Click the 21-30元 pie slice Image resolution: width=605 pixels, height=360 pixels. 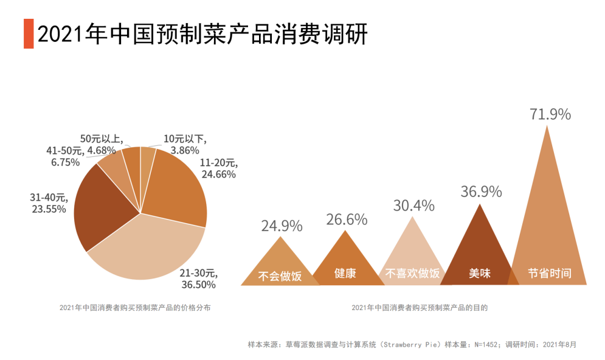[x=146, y=249]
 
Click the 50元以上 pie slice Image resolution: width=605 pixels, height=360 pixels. [x=131, y=160]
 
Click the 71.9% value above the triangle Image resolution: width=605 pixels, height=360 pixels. [x=550, y=114]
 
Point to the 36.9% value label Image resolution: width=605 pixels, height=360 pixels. [x=481, y=192]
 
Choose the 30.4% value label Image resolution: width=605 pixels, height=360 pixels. [x=413, y=206]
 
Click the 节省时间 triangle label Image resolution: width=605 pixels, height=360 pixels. [x=550, y=274]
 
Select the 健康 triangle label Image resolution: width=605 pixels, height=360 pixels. [x=345, y=274]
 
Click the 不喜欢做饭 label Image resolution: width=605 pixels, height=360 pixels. [x=412, y=274]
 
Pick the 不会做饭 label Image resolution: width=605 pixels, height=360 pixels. [x=280, y=275]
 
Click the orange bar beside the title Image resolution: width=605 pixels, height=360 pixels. [x=29, y=33]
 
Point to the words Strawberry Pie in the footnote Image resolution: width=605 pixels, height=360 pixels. [x=410, y=344]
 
